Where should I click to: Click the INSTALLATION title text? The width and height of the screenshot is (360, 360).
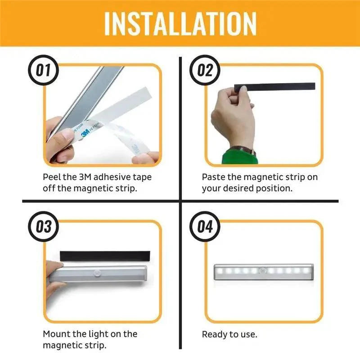180,23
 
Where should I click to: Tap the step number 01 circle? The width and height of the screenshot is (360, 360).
43,71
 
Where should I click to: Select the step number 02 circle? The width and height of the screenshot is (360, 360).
205,71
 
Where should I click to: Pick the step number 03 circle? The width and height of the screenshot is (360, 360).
43,226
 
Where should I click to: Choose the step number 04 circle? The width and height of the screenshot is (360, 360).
205,226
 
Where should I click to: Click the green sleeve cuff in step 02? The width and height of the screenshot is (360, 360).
238,157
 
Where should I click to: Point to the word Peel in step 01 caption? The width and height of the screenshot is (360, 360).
52,177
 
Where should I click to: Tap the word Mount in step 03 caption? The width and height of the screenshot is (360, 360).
56,334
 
